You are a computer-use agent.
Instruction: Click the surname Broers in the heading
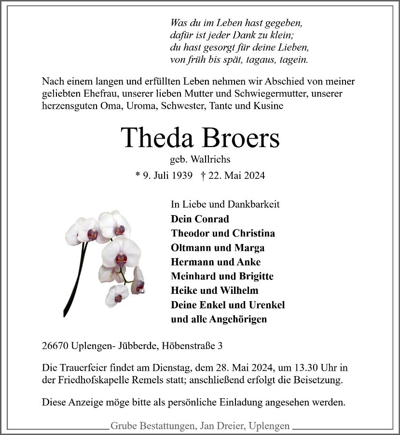[241, 138]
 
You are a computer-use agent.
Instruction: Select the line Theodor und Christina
[223, 233]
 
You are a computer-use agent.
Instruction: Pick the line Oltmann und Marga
[218, 248]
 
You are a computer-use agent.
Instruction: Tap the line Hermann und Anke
[216, 262]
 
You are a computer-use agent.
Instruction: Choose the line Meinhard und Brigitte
[222, 276]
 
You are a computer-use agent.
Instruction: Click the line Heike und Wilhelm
[214, 290]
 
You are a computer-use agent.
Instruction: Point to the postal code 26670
[55, 346]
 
